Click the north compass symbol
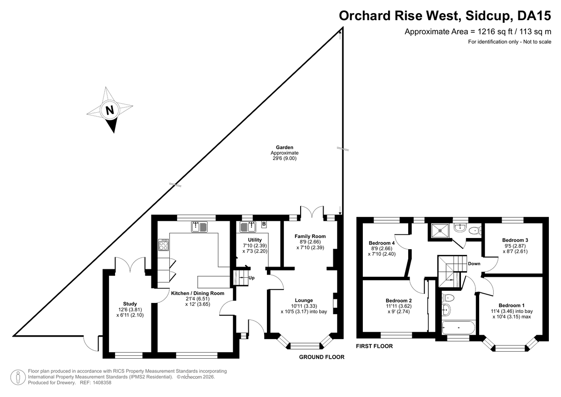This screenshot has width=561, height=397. (110, 110)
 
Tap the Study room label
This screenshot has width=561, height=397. (130, 303)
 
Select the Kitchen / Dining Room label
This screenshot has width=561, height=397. (197, 293)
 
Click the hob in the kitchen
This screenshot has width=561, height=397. (163, 245)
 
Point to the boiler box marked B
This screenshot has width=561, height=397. (264, 224)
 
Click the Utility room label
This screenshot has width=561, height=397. (248, 240)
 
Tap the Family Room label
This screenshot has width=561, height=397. (310, 236)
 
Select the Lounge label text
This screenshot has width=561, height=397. (304, 300)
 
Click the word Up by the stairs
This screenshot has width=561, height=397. (251, 278)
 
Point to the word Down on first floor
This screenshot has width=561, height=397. (474, 264)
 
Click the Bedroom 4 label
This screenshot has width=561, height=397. (382, 243)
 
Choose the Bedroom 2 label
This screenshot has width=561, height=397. (399, 300)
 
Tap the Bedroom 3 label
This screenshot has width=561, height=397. (515, 240)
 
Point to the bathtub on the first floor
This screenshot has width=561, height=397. (458, 328)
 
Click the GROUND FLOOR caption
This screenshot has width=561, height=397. (322, 357)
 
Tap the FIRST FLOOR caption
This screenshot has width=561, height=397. (374, 346)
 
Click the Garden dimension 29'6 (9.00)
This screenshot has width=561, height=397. (284, 159)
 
